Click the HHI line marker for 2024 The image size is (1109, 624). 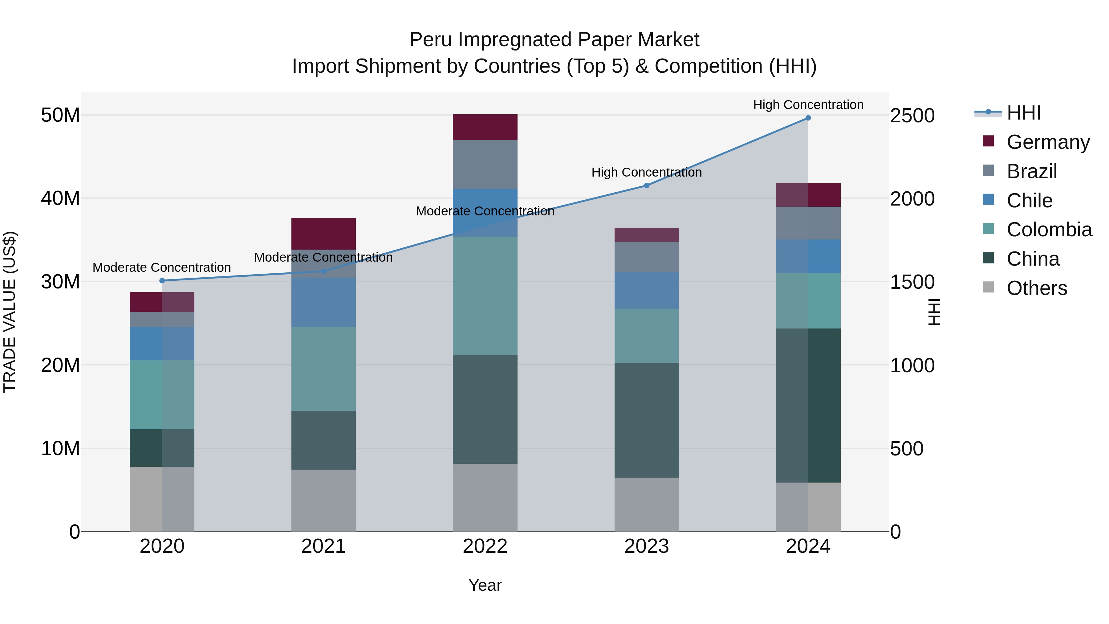pos(808,118)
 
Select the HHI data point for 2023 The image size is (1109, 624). pos(646,186)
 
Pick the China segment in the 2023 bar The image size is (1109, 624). pos(646,420)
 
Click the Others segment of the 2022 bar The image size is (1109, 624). pos(485,497)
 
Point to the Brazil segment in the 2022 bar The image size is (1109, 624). pos(485,165)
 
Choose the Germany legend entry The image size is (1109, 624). pos(1048,142)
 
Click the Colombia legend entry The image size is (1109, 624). pos(1049,230)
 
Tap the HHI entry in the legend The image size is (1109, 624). pos(1023,113)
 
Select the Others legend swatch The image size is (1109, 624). pos(989,287)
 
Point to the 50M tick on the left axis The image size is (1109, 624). pos(60,116)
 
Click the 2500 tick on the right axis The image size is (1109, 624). pos(912,116)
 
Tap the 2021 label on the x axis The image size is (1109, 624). pos(323,546)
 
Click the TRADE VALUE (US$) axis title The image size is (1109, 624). pos(10,312)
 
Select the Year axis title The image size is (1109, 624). pos(485,585)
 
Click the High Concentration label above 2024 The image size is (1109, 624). pos(808,105)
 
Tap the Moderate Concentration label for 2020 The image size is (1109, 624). pos(161,267)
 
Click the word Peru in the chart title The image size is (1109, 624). pos(431,40)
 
